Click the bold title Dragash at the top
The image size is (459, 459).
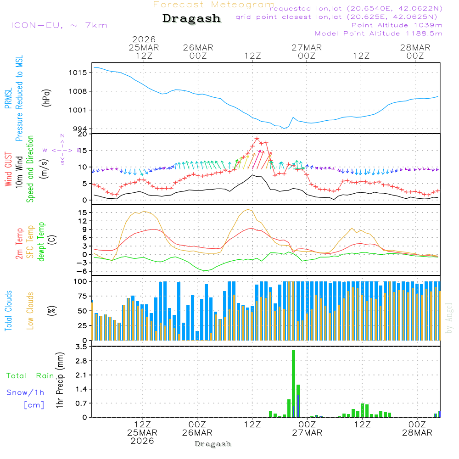click(191, 19)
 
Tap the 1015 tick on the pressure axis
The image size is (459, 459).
click(78, 73)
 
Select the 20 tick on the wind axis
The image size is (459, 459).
click(83, 134)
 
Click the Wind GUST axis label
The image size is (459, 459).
click(8, 169)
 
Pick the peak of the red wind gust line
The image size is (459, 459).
click(257, 139)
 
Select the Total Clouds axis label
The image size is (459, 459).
click(8, 311)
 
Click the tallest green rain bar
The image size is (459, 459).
click(293, 383)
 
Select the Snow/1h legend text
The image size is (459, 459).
click(26, 392)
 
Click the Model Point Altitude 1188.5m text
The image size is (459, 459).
click(379, 34)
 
